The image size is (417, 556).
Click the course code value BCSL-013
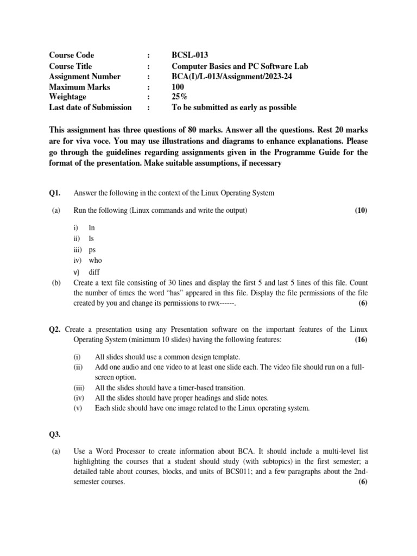[x=189, y=55]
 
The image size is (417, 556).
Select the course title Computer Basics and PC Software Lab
[x=239, y=66]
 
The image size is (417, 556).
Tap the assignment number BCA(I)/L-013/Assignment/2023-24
[x=232, y=77]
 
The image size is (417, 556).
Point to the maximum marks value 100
[x=178, y=87]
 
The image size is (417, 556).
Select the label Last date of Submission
[x=90, y=108]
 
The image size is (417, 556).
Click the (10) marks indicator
[x=361, y=211]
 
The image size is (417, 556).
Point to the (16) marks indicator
[x=361, y=339]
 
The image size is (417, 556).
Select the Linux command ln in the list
[x=92, y=228]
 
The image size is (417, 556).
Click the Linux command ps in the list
[x=92, y=250]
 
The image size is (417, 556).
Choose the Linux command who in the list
[x=95, y=261]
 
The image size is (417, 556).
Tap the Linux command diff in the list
[x=94, y=272]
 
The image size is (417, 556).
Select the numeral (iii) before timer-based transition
[x=79, y=388]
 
